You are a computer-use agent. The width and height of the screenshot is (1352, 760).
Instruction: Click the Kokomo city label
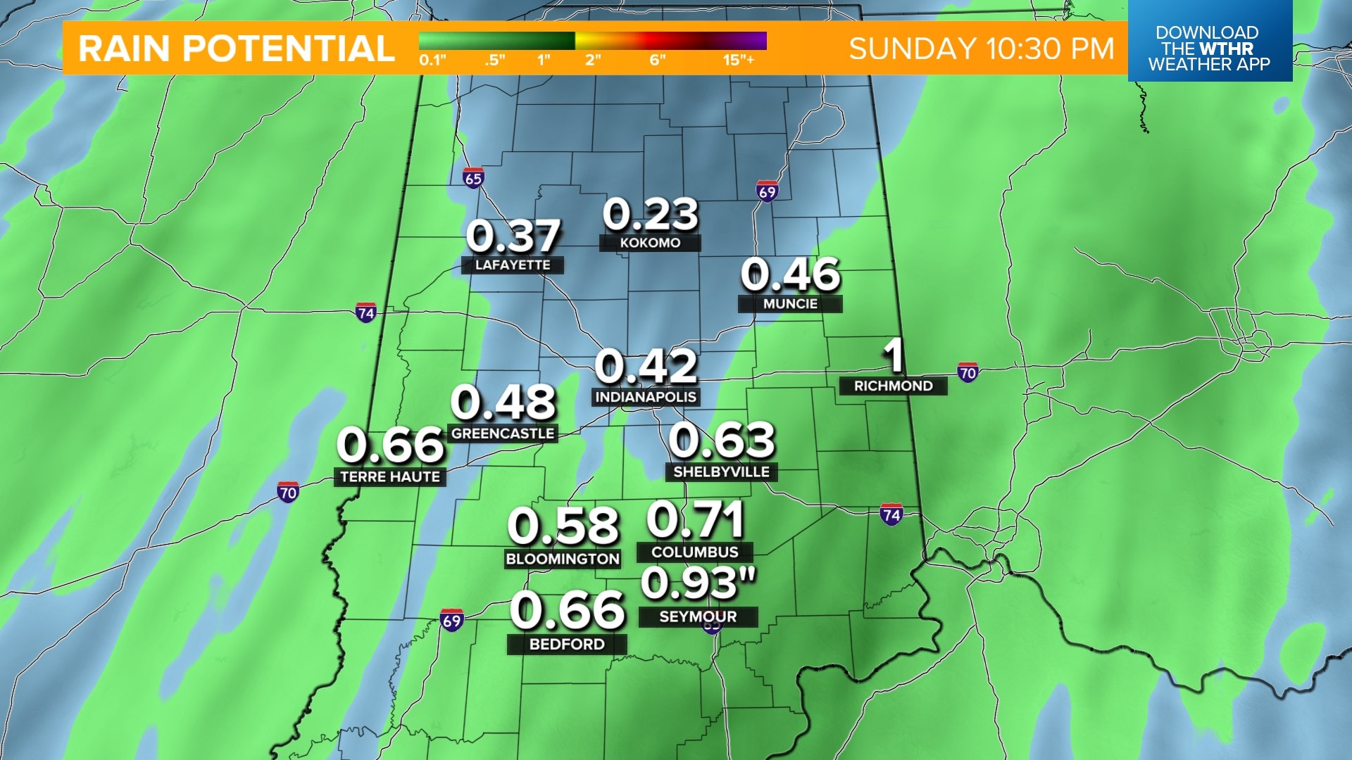pyautogui.click(x=650, y=243)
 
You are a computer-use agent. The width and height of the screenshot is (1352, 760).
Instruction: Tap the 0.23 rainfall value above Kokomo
pyautogui.click(x=651, y=214)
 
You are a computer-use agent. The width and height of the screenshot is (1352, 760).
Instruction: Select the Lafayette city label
pyautogui.click(x=512, y=265)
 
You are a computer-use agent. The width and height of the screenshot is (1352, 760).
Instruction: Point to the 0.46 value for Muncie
pyautogui.click(x=790, y=274)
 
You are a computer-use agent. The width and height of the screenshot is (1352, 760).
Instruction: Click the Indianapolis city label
pyautogui.click(x=646, y=397)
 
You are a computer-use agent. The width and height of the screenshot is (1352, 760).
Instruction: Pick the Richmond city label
pyautogui.click(x=893, y=386)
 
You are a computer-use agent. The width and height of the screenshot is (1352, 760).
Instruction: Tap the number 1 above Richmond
pyautogui.click(x=894, y=355)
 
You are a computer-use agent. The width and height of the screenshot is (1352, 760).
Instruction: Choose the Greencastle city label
pyautogui.click(x=503, y=433)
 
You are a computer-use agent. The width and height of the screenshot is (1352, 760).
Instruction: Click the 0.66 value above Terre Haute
pyautogui.click(x=391, y=445)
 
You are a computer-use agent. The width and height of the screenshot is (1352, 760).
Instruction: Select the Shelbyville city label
pyautogui.click(x=721, y=471)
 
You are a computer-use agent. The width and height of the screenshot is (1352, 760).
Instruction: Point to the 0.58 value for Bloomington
pyautogui.click(x=563, y=526)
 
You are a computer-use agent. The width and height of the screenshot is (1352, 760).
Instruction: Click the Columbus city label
pyautogui.click(x=694, y=552)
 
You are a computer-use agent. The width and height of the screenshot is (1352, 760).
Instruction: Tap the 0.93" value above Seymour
pyautogui.click(x=698, y=583)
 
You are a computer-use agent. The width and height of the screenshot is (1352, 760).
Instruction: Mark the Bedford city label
pyautogui.click(x=567, y=644)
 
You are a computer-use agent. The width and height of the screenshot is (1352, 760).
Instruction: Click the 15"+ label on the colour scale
pyautogui.click(x=738, y=61)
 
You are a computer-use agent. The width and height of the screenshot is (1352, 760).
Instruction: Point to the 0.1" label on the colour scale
pyautogui.click(x=432, y=61)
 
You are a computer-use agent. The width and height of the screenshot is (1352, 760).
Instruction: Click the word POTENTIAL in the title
pyautogui.click(x=288, y=49)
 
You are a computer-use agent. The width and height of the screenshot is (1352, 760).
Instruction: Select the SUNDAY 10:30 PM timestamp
pyautogui.click(x=981, y=49)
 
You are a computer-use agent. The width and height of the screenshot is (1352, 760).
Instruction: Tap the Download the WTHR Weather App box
pyautogui.click(x=1209, y=48)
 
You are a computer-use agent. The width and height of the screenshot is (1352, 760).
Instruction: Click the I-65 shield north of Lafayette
pyautogui.click(x=473, y=179)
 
